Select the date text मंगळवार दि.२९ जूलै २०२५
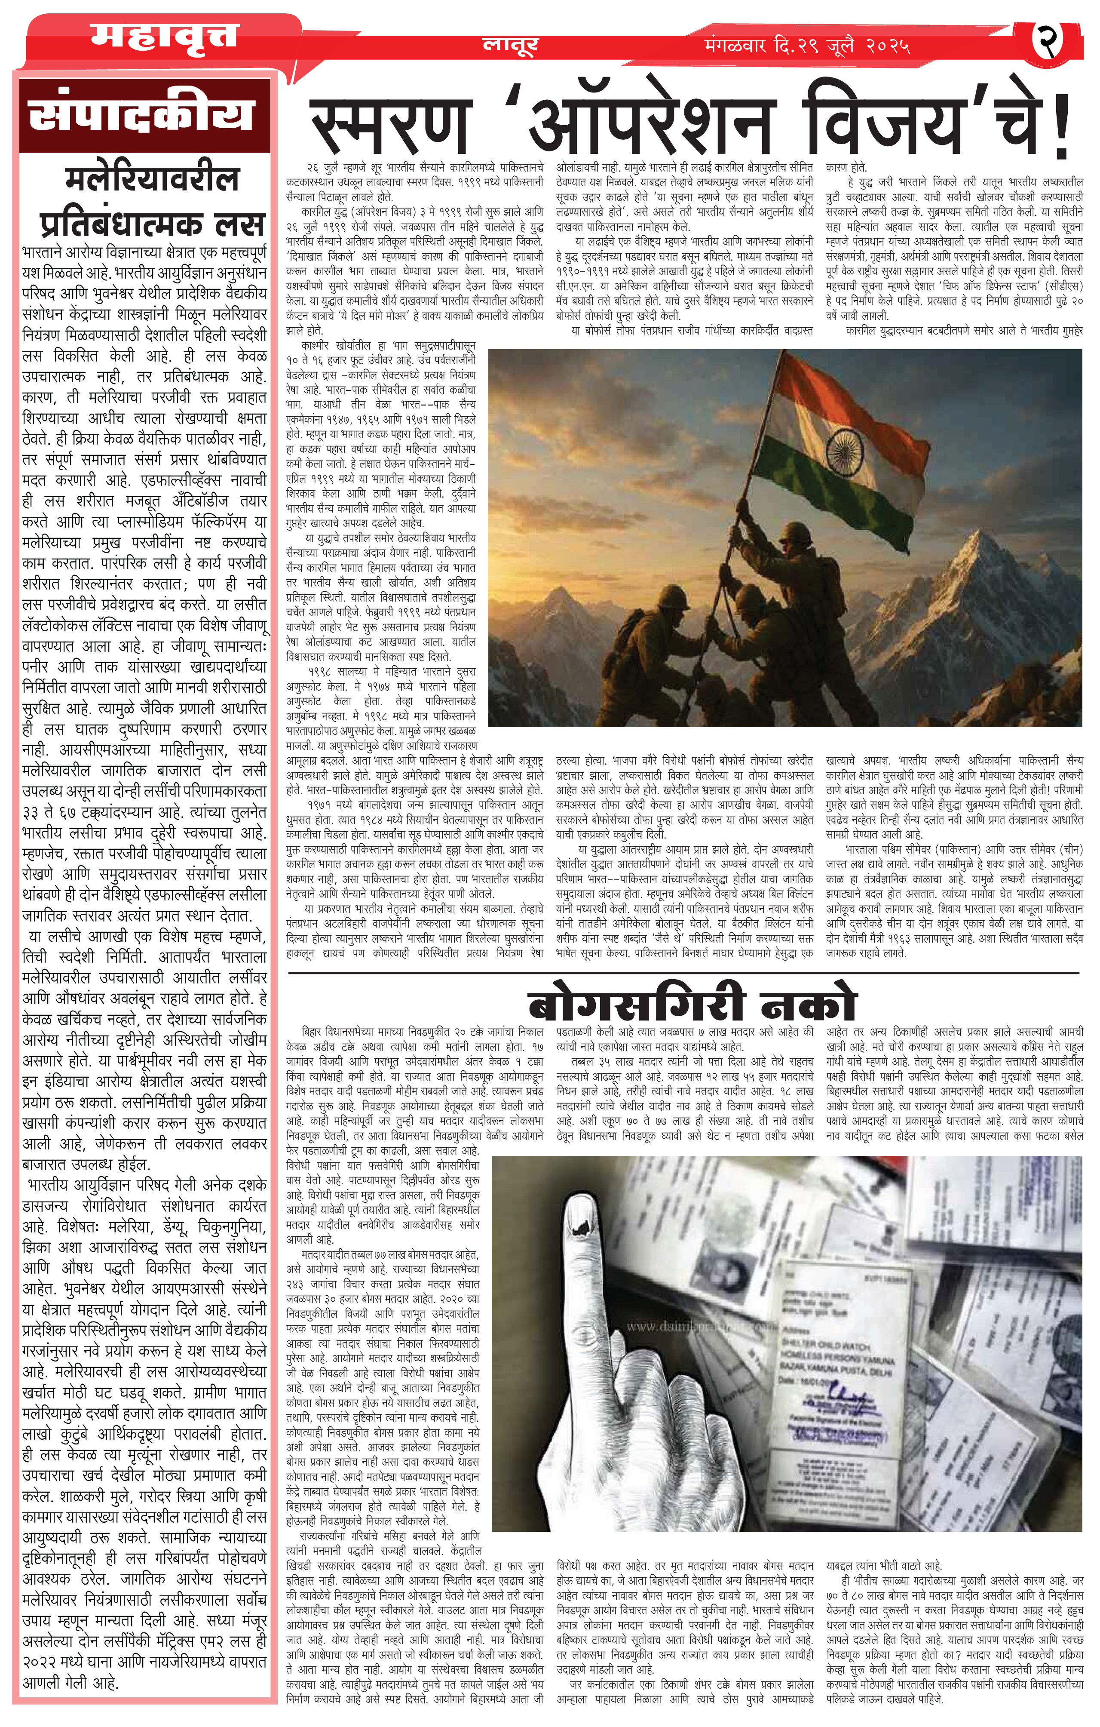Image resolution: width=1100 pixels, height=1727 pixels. [x=807, y=46]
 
